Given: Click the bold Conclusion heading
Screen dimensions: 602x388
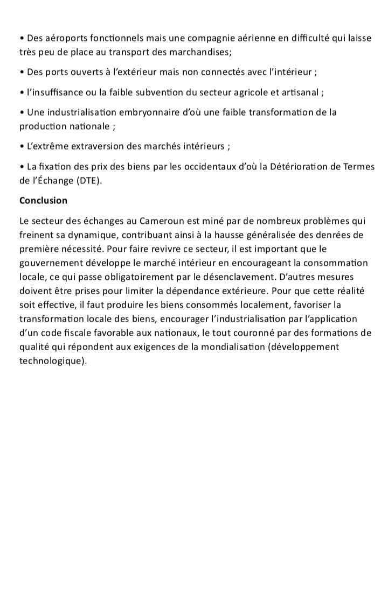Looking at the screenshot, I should [43, 201].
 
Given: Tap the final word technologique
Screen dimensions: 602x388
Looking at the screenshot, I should [52, 361].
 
